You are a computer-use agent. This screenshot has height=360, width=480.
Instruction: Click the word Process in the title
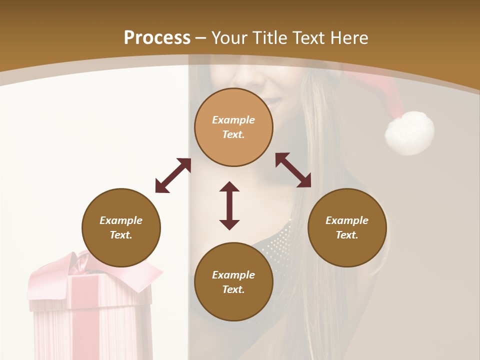point(157,38)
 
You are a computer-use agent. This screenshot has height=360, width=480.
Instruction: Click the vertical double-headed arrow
point(229,205)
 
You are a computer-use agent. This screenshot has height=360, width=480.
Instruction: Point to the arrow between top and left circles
point(173,175)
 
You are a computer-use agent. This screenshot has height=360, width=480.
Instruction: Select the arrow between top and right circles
point(293,170)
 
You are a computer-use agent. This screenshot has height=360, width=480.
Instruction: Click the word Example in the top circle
point(233,120)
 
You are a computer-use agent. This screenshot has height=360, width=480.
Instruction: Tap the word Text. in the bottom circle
point(233,289)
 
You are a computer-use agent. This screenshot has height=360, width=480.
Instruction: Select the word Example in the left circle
point(121,220)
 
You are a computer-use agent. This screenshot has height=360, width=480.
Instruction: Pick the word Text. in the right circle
point(347,235)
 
